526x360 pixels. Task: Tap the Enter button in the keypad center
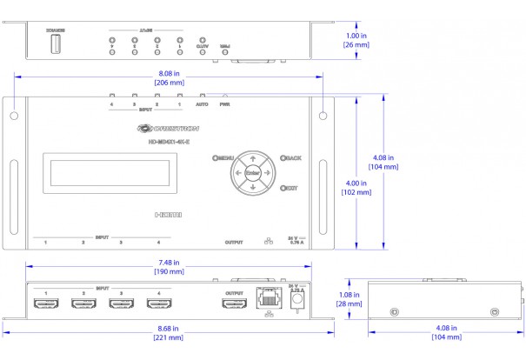coord(252,172)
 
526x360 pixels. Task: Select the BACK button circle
coord(283,158)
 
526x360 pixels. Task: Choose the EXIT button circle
coord(283,187)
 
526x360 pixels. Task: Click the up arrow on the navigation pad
coord(252,159)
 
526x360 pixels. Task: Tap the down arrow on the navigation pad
coord(252,186)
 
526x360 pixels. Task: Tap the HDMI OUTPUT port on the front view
coord(235,304)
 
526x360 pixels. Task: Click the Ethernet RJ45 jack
coord(269,301)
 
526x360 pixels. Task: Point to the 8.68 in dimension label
coord(169,328)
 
